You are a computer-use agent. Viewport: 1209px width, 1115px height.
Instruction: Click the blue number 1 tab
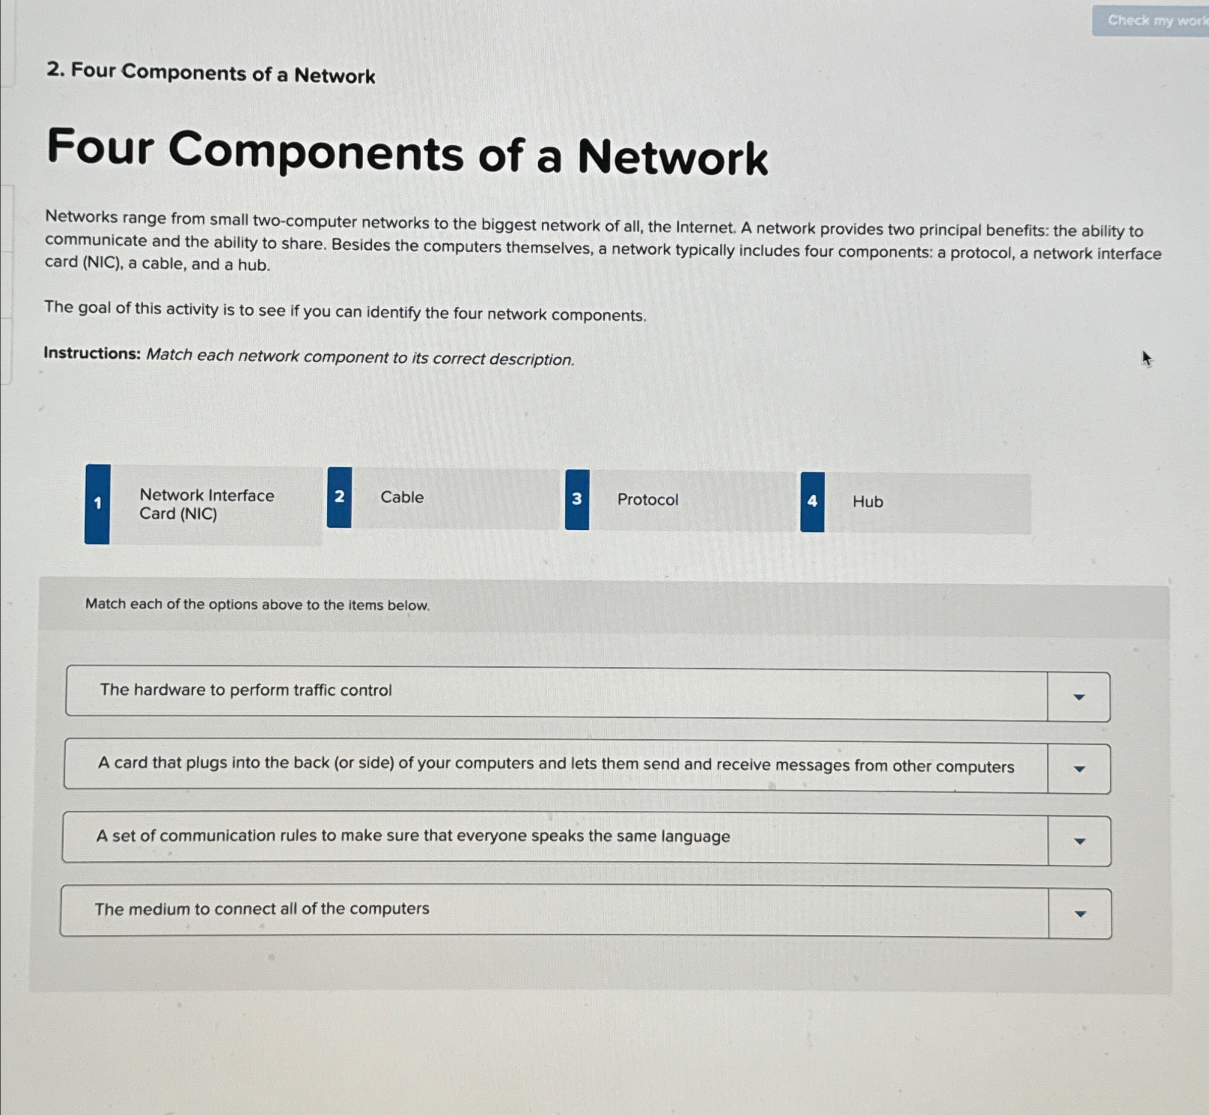(98, 504)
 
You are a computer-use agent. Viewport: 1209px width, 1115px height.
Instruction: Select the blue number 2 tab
(339, 497)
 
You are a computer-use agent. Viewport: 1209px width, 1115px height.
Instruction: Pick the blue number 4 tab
(813, 502)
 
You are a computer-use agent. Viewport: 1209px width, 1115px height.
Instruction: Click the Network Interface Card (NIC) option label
(206, 505)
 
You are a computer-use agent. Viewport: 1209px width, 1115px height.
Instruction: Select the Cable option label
(402, 497)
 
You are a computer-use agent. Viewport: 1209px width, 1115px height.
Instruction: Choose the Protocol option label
(647, 499)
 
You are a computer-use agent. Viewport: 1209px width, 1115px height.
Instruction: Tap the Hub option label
(868, 502)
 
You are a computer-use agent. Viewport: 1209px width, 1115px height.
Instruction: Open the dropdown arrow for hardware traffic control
(1079, 697)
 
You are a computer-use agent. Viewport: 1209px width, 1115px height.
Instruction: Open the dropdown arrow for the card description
(1079, 769)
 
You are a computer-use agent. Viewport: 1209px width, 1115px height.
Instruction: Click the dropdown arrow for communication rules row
(1079, 842)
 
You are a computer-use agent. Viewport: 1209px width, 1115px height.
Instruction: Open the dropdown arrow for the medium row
(1080, 914)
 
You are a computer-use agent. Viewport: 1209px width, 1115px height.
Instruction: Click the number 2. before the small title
(55, 70)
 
